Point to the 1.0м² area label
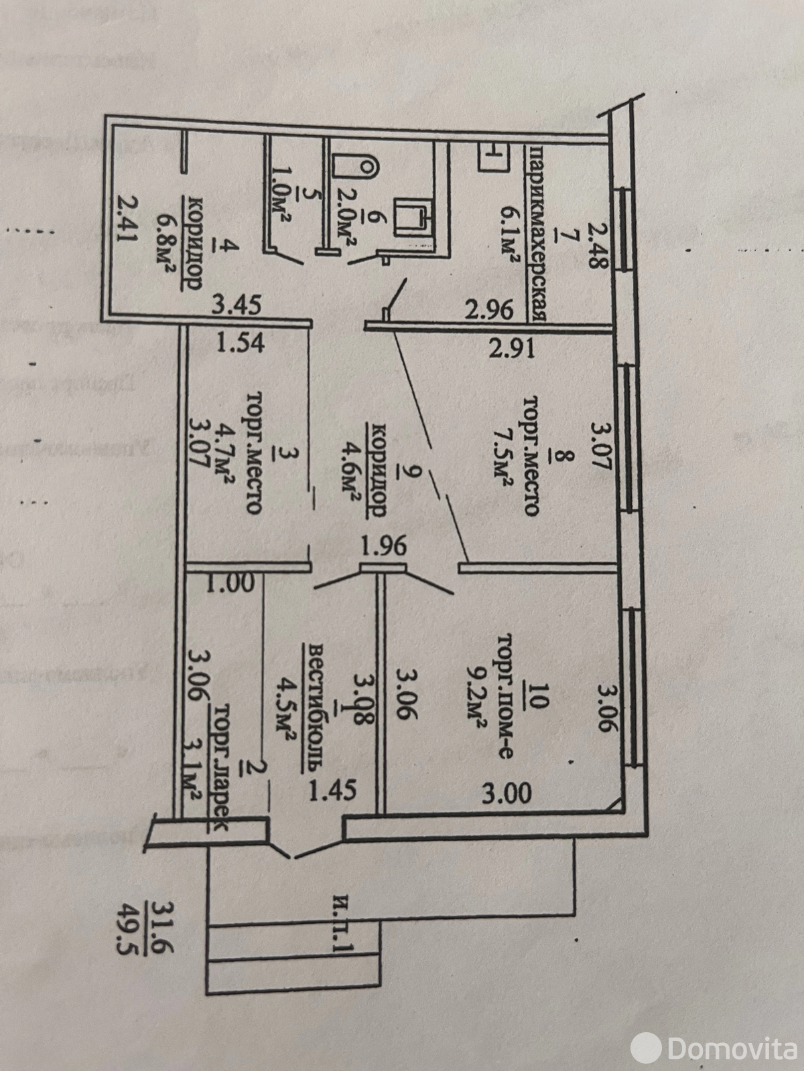[x=276, y=207]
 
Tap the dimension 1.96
[x=382, y=546]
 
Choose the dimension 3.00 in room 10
[x=507, y=793]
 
